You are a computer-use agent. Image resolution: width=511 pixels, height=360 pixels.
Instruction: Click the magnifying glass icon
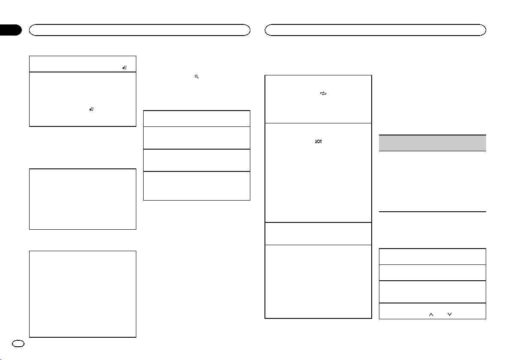pos(196,76)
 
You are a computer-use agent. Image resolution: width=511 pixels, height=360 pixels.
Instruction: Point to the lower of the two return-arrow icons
pos(91,110)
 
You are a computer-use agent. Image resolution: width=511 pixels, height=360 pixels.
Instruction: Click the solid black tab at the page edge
pos(11,30)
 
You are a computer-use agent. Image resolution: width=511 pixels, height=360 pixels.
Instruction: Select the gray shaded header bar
pos(433,143)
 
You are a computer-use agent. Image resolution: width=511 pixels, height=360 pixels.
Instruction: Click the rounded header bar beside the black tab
pos(139,30)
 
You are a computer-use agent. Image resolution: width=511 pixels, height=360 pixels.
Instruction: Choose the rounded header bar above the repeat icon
pos(376,30)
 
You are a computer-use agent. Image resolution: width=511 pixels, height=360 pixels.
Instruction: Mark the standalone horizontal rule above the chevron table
pos(433,211)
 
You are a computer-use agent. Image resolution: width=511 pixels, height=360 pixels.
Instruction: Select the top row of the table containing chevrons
pos(433,256)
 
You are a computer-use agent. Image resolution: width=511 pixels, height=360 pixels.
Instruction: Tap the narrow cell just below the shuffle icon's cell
pos(318,233)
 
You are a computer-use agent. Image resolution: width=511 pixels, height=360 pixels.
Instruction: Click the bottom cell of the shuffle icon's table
pos(318,281)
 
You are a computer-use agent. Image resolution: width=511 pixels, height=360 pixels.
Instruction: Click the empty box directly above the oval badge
pos(82,294)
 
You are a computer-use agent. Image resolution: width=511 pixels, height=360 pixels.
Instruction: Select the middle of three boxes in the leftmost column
pos(82,199)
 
